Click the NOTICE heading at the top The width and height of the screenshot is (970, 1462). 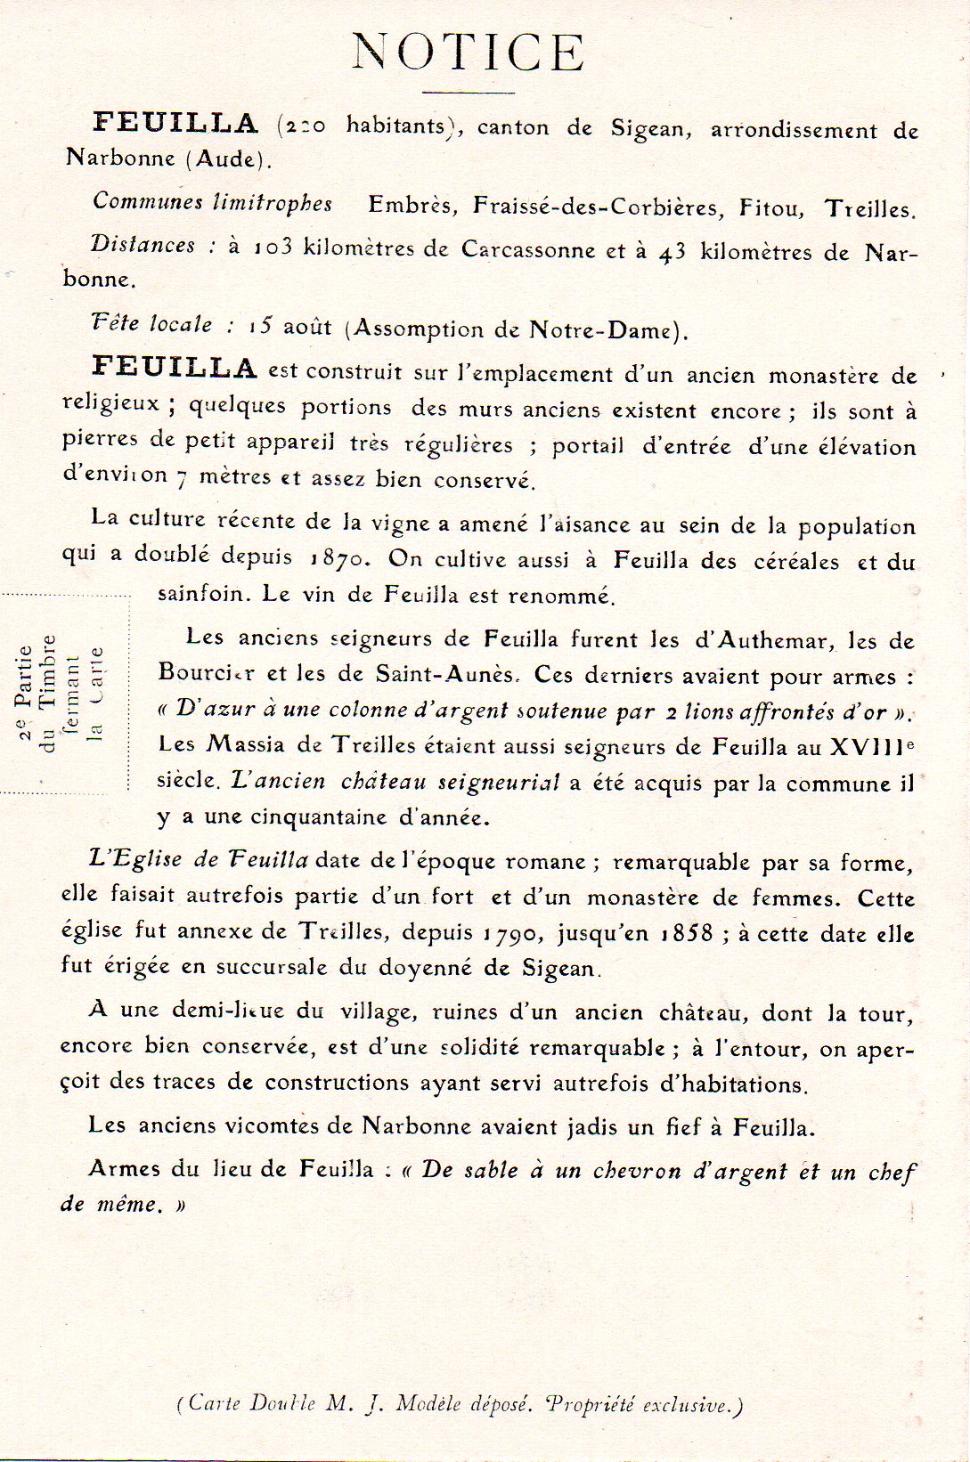coord(469,53)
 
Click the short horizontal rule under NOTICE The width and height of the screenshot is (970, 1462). coord(469,92)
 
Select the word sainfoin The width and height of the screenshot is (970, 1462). coord(201,594)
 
